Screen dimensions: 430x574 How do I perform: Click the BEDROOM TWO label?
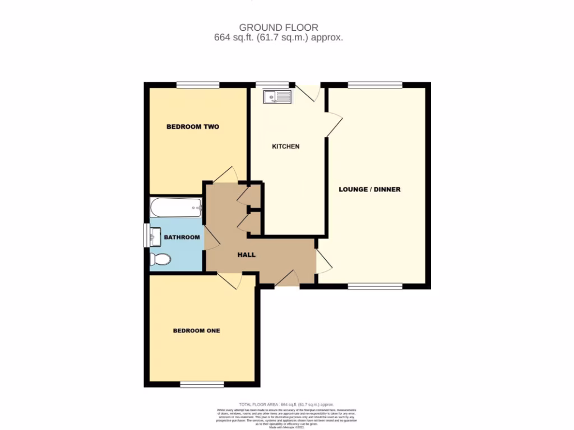click(192, 127)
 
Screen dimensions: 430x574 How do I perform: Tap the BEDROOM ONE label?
click(196, 331)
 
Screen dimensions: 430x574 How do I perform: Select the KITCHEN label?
click(286, 147)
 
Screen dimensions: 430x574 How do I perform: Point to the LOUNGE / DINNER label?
click(369, 189)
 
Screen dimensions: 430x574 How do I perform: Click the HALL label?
click(246, 255)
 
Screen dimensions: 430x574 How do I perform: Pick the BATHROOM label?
click(182, 237)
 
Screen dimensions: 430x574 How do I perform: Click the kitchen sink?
click(277, 97)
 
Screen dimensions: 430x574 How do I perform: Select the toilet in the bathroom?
click(160, 259)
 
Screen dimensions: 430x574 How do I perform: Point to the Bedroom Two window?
click(197, 85)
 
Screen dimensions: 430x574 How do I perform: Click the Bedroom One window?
click(202, 384)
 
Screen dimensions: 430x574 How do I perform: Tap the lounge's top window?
click(374, 85)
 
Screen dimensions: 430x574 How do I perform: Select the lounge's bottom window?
click(374, 286)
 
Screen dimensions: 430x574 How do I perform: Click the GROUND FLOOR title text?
click(279, 27)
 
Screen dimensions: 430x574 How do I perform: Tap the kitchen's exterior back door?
click(308, 92)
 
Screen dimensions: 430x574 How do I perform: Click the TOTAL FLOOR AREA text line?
click(286, 404)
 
